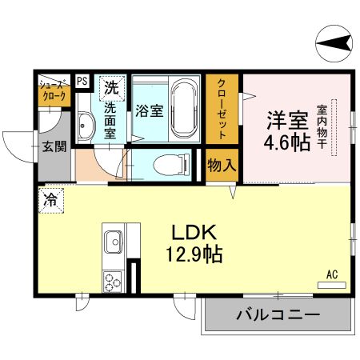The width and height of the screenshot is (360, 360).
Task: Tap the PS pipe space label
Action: [x=82, y=80]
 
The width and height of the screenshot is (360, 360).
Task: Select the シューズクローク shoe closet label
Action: [x=54, y=88]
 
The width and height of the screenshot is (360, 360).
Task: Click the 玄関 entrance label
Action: [x=54, y=146]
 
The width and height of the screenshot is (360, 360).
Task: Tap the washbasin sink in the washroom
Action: [x=86, y=124]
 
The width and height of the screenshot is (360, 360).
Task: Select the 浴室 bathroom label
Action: [x=150, y=110]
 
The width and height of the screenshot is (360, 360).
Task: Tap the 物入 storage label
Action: [x=222, y=166]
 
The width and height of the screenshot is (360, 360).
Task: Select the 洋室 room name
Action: [x=287, y=120]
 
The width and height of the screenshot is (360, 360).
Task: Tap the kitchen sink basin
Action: [x=112, y=240]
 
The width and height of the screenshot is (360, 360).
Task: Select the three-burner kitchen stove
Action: [x=112, y=282]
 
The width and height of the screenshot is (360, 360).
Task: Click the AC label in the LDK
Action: [x=332, y=275]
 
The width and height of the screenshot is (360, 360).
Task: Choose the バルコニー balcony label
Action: [x=277, y=315]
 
